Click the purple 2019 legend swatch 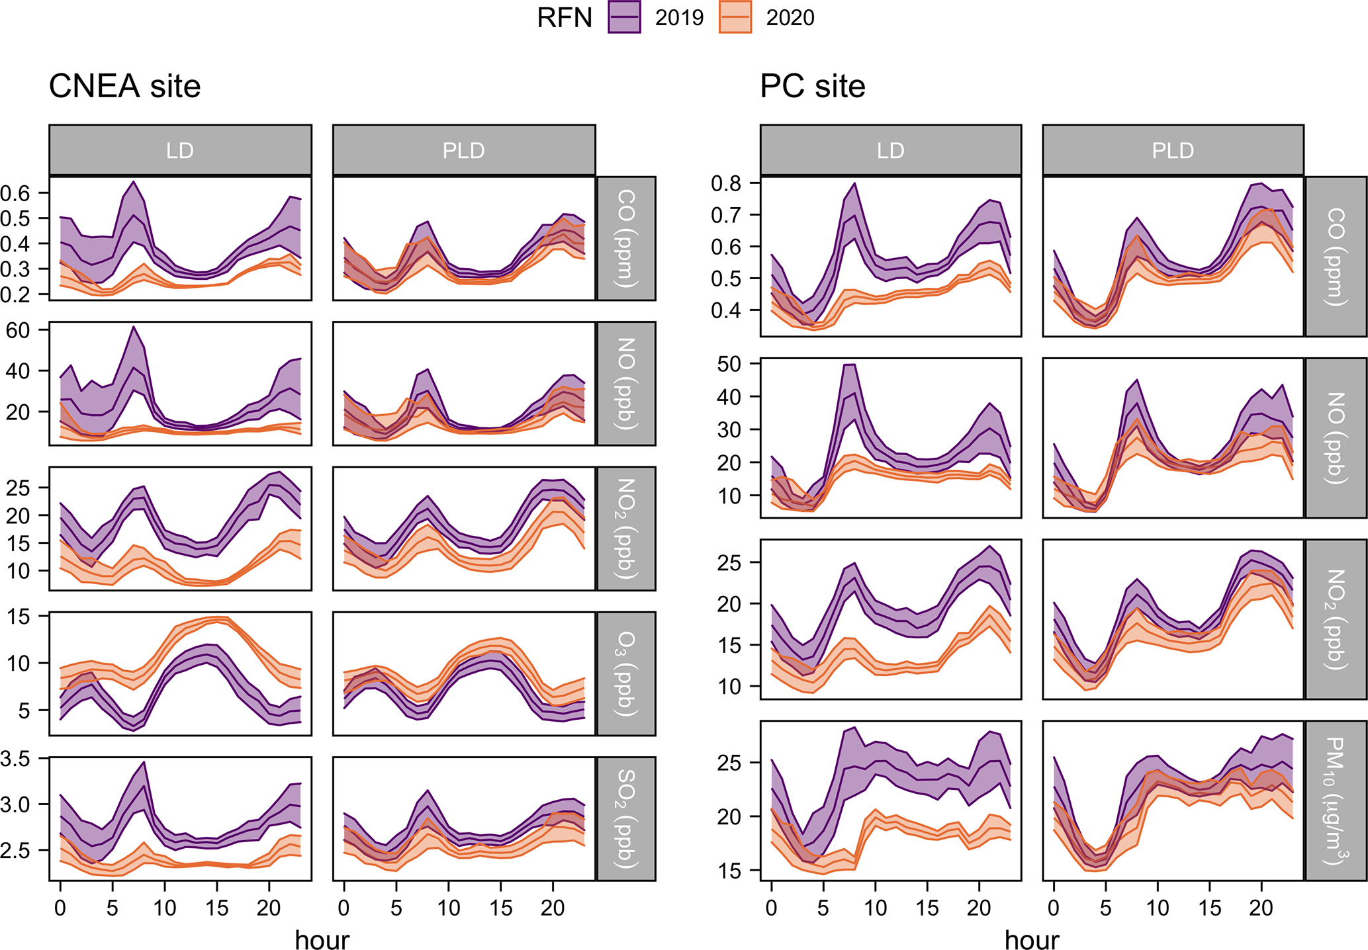point(624,17)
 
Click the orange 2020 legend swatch point(735,17)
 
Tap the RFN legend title point(564,18)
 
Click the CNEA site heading point(124,87)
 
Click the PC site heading point(812,87)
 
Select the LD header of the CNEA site point(180,150)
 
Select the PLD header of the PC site point(1173,150)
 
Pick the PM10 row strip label point(1336,800)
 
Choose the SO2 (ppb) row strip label point(626,818)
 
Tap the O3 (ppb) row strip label point(626,673)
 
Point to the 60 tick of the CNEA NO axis point(18,329)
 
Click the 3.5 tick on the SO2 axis point(15,759)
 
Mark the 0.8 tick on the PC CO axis point(726,183)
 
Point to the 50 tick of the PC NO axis point(730,364)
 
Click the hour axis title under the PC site point(1031,939)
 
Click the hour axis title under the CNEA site point(322,939)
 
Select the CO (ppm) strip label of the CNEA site point(626,238)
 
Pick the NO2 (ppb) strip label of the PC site point(1336,619)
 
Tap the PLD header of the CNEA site point(463,150)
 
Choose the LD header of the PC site point(890,150)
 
